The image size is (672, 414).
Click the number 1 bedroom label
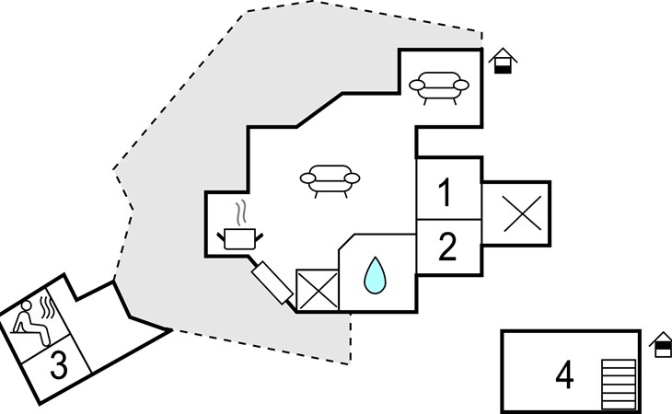[446, 192]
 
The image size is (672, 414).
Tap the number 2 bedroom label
[447, 247]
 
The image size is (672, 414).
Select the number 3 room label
[59, 365]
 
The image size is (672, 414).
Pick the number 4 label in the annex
[564, 374]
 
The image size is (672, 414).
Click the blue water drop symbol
[375, 275]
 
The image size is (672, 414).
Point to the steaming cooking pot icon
[239, 224]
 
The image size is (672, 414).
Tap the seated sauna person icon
[31, 323]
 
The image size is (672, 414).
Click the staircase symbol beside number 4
[619, 385]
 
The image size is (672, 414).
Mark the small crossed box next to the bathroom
[318, 290]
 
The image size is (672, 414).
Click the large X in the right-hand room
[523, 213]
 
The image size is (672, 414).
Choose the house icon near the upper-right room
[503, 61]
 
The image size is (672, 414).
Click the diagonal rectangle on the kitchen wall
[272, 283]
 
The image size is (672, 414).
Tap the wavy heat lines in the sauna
[47, 306]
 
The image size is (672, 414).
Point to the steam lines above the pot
[242, 212]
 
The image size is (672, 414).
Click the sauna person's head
[27, 305]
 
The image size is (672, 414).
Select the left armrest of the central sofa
[307, 178]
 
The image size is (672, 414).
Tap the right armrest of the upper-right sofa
[461, 86]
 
